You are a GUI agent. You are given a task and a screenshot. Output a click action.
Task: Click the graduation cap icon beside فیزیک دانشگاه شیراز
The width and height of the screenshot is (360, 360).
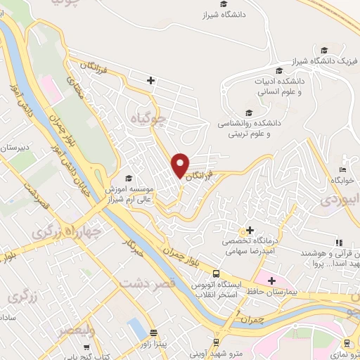click(324, 50)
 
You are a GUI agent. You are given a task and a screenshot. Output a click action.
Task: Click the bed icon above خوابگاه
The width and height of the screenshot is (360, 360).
click(342, 169)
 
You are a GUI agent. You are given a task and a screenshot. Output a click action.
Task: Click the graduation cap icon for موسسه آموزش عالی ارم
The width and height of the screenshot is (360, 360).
click(128, 178)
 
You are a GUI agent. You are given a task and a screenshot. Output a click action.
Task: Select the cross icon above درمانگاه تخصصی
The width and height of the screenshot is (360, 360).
click(247, 230)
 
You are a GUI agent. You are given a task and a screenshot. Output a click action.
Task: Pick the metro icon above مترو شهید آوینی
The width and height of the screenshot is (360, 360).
click(239, 342)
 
